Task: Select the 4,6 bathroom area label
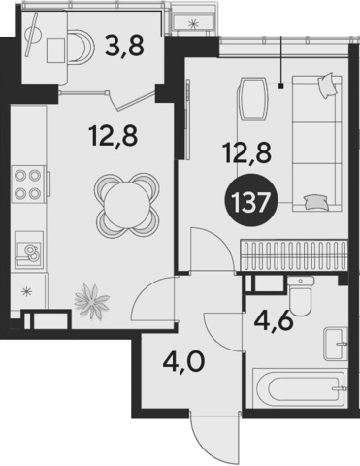(274, 320)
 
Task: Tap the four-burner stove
(28, 184)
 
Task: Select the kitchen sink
(28, 250)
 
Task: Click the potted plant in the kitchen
(91, 301)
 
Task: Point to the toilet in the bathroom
(301, 296)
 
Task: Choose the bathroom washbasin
(337, 344)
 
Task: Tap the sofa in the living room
(317, 144)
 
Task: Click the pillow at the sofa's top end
(327, 85)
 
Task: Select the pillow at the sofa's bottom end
(316, 202)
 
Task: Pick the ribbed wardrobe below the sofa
(293, 255)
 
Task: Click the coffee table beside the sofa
(253, 100)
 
